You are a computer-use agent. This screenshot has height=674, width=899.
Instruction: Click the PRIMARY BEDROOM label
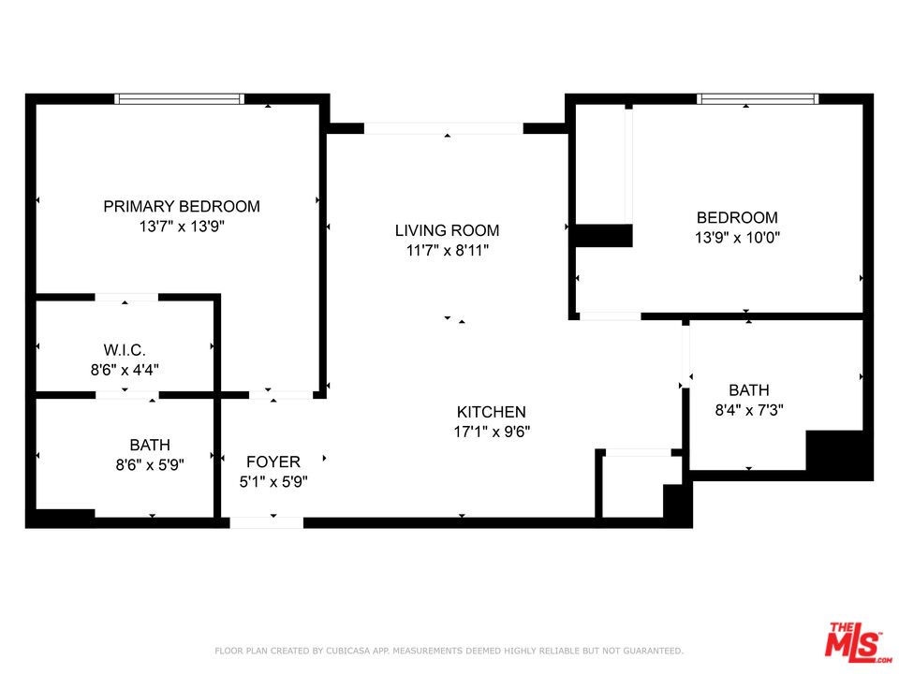coord(182,206)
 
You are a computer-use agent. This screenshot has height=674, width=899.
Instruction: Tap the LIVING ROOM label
coord(447,230)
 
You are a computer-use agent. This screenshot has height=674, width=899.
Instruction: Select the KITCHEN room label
coord(491,412)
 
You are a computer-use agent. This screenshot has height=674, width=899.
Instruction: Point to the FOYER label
coord(273,462)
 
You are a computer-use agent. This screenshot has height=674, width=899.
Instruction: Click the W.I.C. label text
coord(125,350)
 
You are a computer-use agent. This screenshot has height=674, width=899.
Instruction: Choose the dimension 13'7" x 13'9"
coord(182,227)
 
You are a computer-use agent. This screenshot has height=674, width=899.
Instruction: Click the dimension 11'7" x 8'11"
coord(447,250)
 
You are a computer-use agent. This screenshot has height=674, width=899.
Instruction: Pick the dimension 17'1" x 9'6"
coord(491,432)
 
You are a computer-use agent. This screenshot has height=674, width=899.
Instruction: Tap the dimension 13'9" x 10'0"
coord(737,238)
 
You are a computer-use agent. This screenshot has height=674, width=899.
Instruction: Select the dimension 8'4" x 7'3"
coord(748,409)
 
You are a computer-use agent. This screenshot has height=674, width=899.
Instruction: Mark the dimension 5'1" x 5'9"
coord(273,481)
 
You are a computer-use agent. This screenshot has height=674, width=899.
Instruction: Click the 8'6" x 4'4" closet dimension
coord(125,370)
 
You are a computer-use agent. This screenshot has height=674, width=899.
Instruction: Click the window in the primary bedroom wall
coord(180,98)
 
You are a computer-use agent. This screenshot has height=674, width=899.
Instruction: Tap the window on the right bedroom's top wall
coord(758,98)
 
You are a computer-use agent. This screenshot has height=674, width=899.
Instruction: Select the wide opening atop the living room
coord(443,128)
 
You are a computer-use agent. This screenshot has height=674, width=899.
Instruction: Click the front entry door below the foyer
coord(266,522)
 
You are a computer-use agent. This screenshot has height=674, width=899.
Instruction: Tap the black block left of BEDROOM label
coord(602,235)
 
